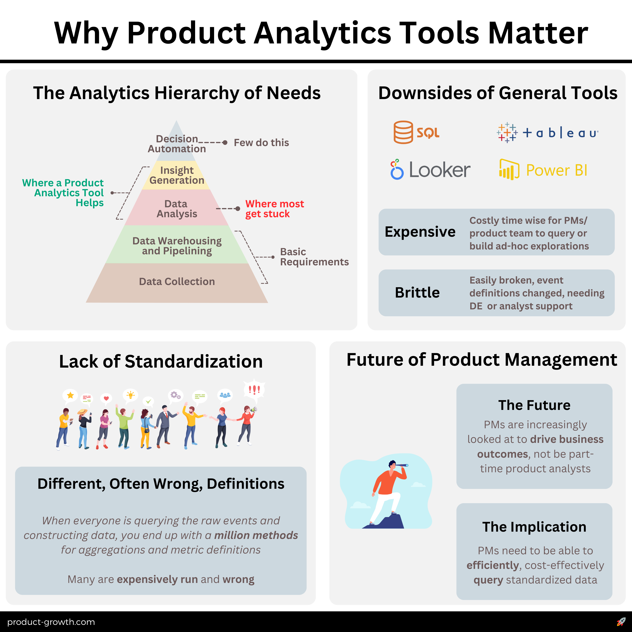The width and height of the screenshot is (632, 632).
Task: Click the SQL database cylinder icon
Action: point(403,132)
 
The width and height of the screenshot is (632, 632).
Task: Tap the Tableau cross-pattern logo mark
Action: point(507,133)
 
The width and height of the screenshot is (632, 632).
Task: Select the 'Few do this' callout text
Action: point(261,143)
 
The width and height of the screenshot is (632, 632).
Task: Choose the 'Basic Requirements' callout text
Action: point(314,257)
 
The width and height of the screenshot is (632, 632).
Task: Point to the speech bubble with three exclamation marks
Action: point(254,390)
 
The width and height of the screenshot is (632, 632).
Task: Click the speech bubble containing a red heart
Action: point(106,398)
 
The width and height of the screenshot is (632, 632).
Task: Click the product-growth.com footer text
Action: point(51,622)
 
